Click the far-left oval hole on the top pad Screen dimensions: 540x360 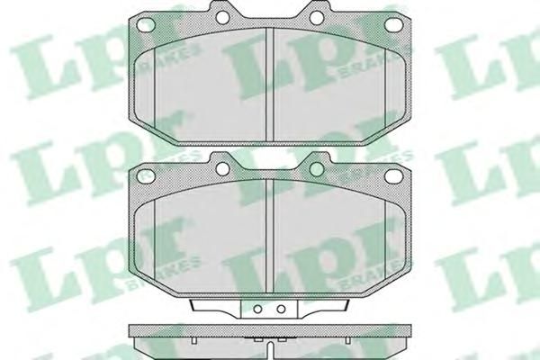tap(146, 25)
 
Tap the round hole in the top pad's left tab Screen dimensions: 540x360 tap(222, 17)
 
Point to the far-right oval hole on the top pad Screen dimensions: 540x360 tap(393, 24)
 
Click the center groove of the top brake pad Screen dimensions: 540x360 tap(270, 85)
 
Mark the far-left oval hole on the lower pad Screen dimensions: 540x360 tap(146, 176)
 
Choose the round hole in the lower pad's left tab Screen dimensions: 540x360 tap(222, 168)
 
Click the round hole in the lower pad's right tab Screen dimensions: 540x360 tap(317, 169)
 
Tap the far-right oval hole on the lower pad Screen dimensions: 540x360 tap(393, 176)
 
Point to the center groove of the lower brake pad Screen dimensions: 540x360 tap(270, 236)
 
